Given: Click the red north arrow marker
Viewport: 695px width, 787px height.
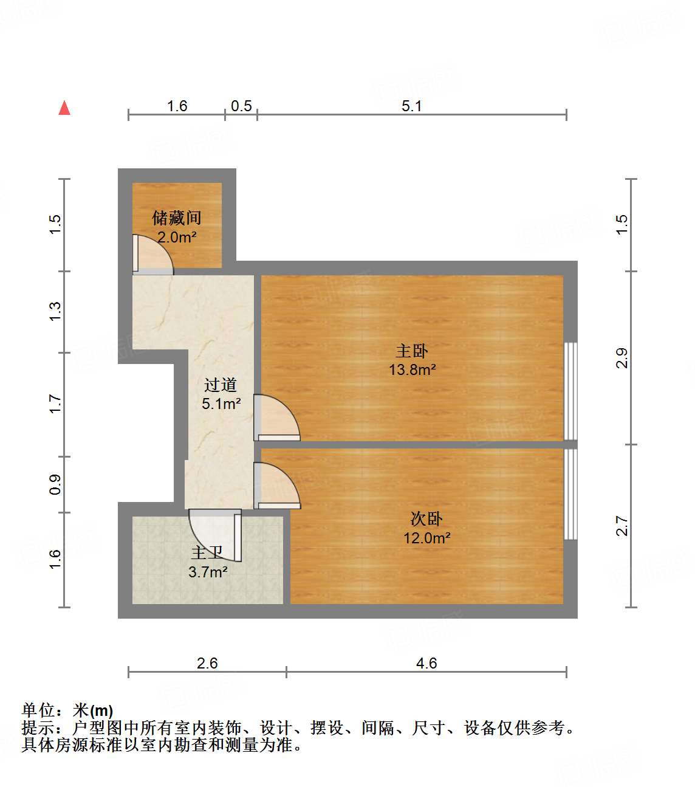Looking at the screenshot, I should (x=64, y=108).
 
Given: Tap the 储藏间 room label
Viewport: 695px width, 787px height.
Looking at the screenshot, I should (x=176, y=218).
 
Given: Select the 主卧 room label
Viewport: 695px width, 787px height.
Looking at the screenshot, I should (x=412, y=351).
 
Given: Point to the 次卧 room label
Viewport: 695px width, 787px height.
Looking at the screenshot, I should (x=426, y=519).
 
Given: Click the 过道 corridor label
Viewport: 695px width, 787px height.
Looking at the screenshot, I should (x=220, y=385).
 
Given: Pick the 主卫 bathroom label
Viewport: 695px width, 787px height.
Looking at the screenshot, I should (x=207, y=553).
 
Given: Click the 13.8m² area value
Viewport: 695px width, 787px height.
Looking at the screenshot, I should (x=413, y=369).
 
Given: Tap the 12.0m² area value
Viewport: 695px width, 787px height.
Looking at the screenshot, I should (x=426, y=538).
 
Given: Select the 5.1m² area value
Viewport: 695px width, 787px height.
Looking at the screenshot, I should (x=221, y=404).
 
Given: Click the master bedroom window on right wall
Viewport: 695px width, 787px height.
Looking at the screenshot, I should (x=570, y=391).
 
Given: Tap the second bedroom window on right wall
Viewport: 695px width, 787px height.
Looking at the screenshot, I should (x=570, y=493).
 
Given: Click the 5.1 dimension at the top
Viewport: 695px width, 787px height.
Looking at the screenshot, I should (x=411, y=106).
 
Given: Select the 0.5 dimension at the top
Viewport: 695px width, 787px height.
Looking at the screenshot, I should (x=241, y=106).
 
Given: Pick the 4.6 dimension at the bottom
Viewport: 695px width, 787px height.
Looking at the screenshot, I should (x=426, y=663).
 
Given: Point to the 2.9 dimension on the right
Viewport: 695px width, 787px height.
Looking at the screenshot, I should (x=621, y=358).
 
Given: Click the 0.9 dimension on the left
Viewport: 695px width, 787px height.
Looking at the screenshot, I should (x=55, y=484).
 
